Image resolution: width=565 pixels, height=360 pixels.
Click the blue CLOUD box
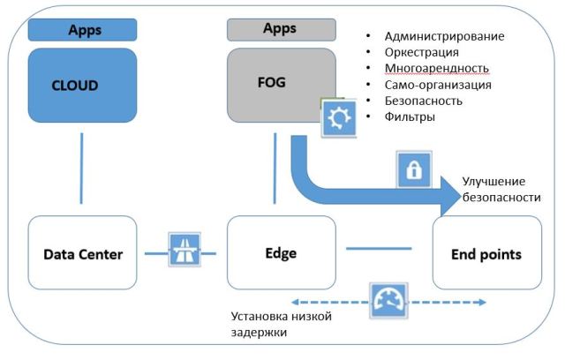coord(82,86)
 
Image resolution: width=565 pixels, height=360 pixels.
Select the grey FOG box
coord(282,86)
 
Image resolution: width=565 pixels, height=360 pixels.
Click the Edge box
coord(282,254)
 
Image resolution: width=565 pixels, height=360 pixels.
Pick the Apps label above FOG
coord(281,29)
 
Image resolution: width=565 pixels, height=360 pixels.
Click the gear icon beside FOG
coord(337,118)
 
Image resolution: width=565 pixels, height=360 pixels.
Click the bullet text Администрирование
coord(444,36)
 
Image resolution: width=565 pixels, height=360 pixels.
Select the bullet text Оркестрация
coord(422,52)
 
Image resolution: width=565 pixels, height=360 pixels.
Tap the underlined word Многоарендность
coord(436,69)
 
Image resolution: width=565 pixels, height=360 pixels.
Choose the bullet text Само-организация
coord(438,85)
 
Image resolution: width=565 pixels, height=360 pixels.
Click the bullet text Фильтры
coord(411,116)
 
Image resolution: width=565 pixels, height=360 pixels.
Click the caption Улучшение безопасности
coord(501,189)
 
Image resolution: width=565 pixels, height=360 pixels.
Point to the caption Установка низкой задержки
coord(282,325)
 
